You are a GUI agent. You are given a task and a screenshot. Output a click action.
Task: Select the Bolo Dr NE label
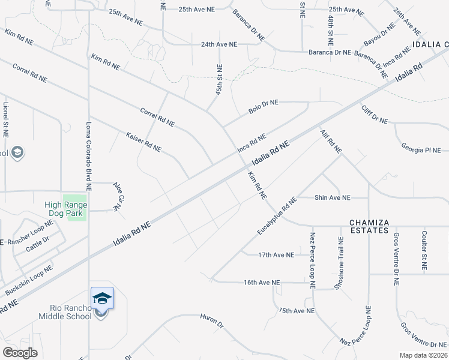[264, 106]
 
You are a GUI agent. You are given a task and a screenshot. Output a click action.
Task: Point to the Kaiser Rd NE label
[144, 142]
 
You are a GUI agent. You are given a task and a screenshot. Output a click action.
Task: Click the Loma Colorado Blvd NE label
[88, 156]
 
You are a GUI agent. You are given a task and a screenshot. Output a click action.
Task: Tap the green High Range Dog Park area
[76, 208]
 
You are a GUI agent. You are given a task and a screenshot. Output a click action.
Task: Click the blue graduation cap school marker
[102, 298]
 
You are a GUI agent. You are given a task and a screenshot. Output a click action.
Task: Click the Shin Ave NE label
[333, 197]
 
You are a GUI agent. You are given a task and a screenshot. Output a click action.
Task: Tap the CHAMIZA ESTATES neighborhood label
[369, 223]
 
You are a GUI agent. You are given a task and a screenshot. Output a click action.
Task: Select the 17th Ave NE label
[276, 255]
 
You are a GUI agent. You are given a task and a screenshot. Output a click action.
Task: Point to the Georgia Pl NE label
[420, 150]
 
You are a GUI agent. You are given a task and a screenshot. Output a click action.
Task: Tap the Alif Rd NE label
[331, 140]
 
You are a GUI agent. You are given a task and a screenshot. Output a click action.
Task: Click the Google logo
[20, 352]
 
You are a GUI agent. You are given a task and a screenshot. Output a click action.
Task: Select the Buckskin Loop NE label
[28, 280]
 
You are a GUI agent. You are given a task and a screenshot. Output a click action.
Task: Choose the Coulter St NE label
[424, 250]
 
